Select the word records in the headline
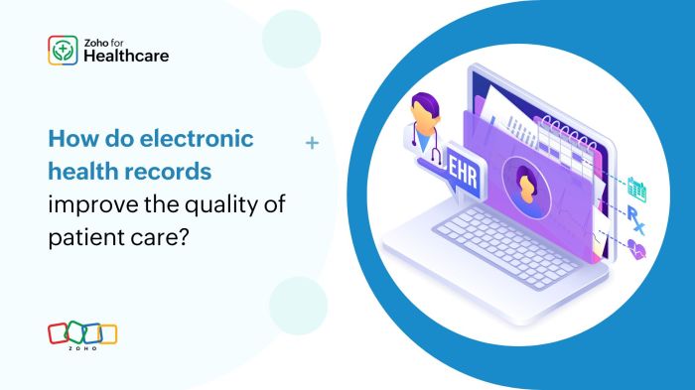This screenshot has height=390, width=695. (175, 171)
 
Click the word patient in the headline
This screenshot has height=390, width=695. (85, 237)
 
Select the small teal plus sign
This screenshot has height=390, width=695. (312, 144)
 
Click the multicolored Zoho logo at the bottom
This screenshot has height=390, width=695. (82, 335)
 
